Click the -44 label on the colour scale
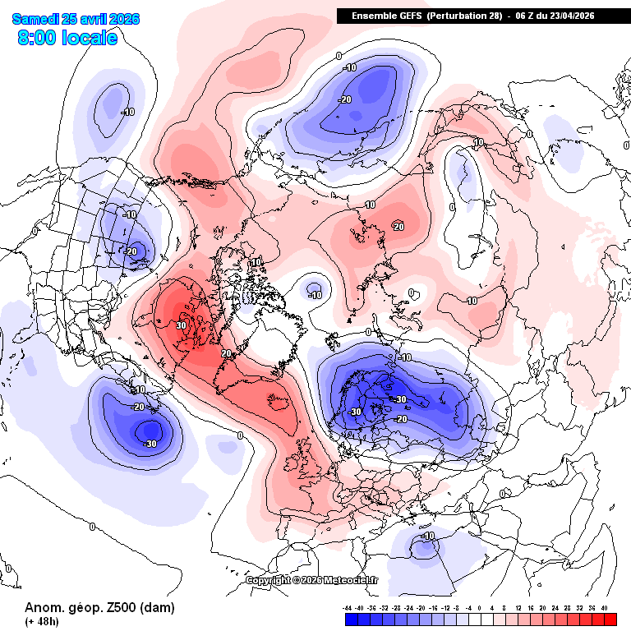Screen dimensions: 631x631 pos(348,607)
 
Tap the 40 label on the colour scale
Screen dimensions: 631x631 pos(605,607)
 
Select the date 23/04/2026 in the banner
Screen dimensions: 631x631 pos(567,16)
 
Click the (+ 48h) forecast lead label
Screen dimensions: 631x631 pos(41,622)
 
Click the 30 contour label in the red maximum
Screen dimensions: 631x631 pos(181,325)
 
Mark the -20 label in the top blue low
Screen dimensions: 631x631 pos(345,99)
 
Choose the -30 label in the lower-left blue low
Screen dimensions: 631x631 pos(150,444)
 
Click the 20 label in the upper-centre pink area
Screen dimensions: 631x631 pos(398,227)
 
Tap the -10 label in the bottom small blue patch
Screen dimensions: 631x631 pos(427,536)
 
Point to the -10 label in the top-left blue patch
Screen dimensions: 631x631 pos(127,112)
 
